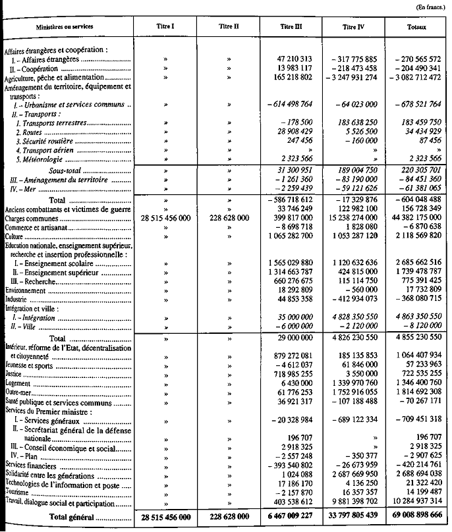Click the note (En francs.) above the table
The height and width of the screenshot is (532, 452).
(x=432, y=7)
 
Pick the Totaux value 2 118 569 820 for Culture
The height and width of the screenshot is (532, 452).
(x=416, y=234)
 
